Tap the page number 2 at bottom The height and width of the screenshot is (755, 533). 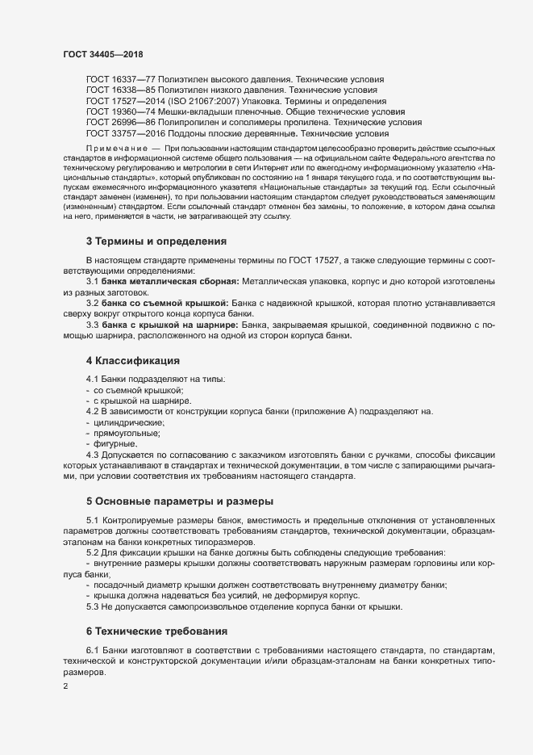(65, 686)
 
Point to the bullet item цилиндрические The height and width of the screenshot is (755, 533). (129, 422)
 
